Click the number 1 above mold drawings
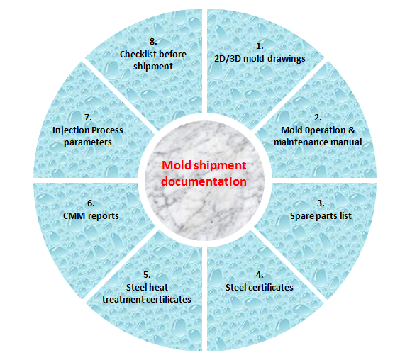point(258,46)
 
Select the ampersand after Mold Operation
point(351,130)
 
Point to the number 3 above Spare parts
point(320,203)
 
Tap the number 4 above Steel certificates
point(259,275)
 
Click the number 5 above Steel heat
point(146,275)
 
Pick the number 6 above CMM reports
point(90,203)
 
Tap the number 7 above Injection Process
point(87,118)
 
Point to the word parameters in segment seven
point(88,142)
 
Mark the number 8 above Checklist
point(152,42)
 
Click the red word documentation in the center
point(204,181)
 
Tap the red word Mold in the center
point(177,165)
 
